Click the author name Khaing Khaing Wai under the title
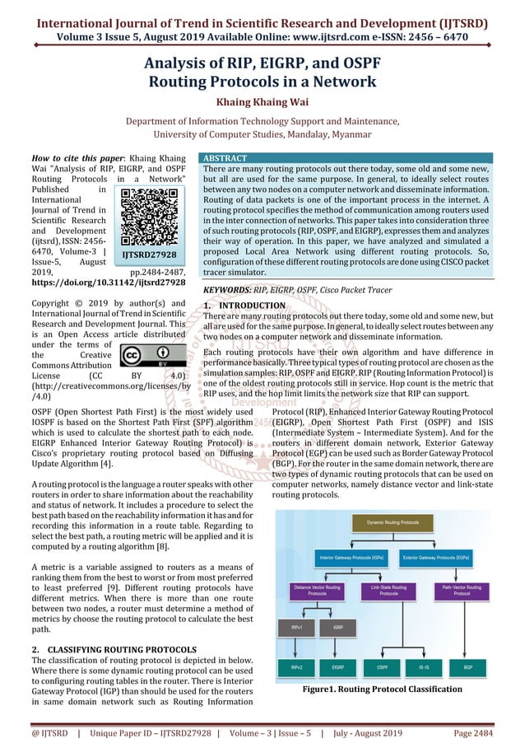tap(262, 104)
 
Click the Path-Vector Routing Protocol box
tap(467, 591)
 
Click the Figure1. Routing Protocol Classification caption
tap(382, 689)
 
